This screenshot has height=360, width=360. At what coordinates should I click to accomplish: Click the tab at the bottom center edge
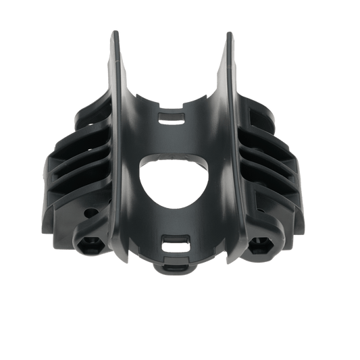tap(178, 269)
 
